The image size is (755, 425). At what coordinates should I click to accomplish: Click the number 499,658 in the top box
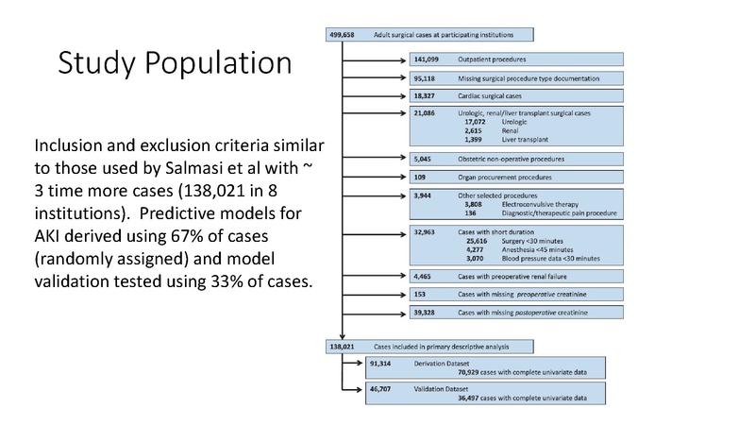click(x=341, y=35)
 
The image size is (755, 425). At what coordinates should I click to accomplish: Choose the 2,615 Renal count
click(x=477, y=130)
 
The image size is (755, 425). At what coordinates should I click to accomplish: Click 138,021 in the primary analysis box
click(x=342, y=347)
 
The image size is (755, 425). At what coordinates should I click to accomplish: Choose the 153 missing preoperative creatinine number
click(x=421, y=294)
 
